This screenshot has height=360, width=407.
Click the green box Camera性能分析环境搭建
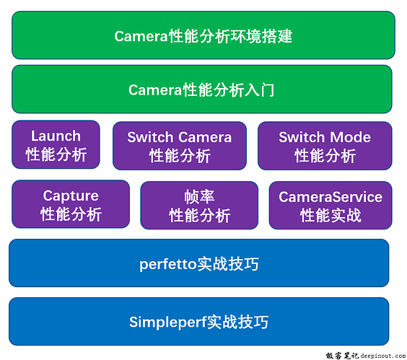coord(203,35)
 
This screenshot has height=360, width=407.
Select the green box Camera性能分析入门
coord(202,89)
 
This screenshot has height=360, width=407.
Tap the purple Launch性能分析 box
coord(56,145)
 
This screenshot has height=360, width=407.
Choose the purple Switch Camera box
coord(180,146)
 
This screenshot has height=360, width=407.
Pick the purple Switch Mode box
coord(325,146)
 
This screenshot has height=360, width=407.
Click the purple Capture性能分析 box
coord(71,204)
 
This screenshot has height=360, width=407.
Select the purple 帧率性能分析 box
coord(199,205)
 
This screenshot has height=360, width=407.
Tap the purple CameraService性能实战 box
coord(331,205)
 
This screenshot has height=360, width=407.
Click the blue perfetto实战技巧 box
coord(199,263)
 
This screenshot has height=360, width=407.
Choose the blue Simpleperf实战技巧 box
coord(199,321)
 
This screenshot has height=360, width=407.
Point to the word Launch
coord(56,136)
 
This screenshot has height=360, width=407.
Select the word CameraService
coord(331,196)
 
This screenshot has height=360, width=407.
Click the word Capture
coord(71,196)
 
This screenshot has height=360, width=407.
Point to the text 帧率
coord(199,196)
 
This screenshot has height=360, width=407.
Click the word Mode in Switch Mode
coord(351,137)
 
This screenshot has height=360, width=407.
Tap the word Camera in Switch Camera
coord(205,137)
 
